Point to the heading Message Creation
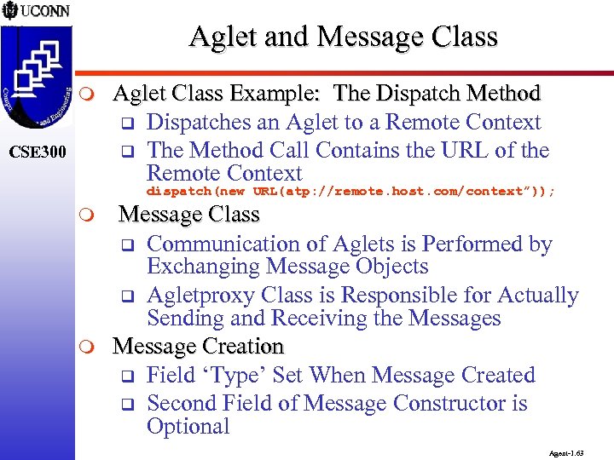[x=198, y=347]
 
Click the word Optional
[x=188, y=427]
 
